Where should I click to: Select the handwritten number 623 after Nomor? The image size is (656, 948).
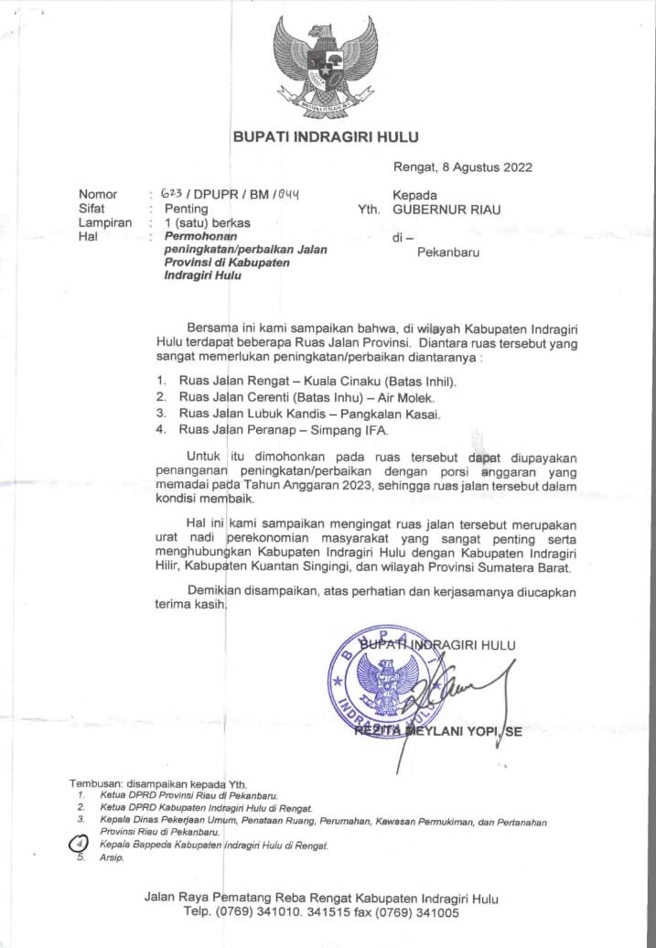click(170, 195)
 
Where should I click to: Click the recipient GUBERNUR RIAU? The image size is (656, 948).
click(446, 209)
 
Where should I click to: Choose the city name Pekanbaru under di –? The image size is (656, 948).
click(448, 252)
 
